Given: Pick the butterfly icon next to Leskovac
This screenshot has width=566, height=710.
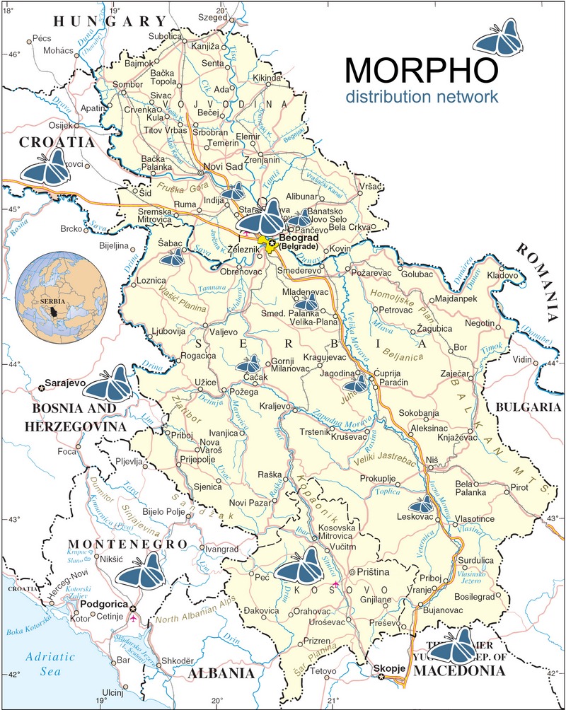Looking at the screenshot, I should (422, 504).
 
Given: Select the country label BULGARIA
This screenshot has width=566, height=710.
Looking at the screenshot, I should (527, 407).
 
